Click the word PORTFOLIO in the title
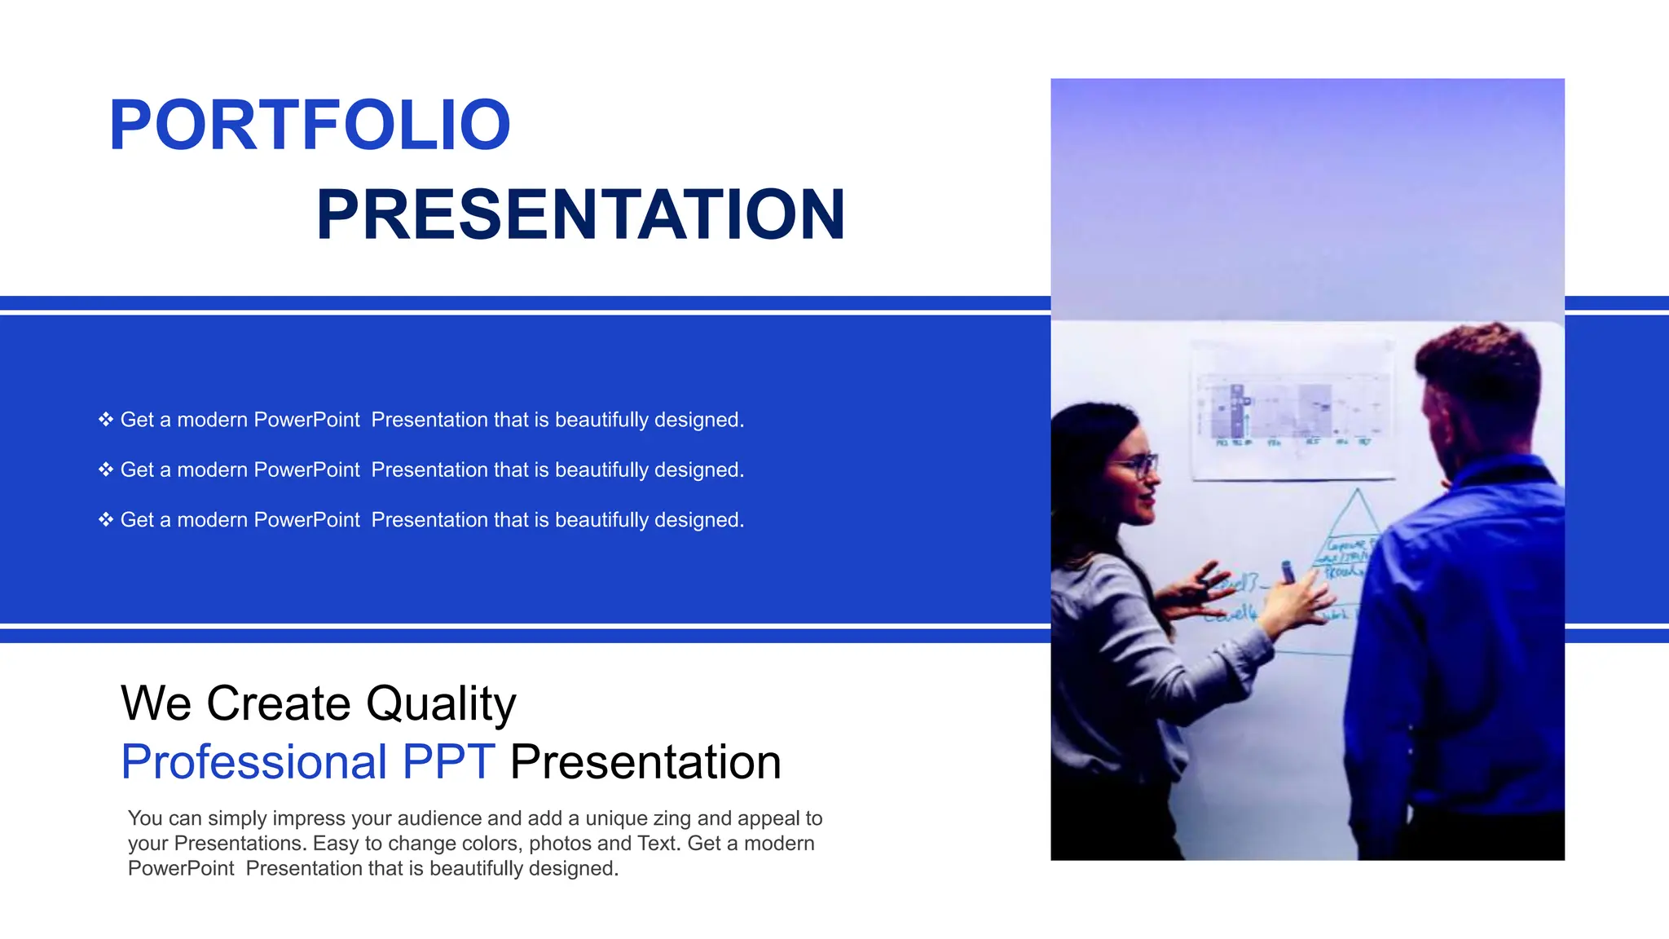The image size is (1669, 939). [x=310, y=126]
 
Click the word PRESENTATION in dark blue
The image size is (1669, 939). [x=580, y=215]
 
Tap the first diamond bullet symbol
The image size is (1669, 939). [x=106, y=420]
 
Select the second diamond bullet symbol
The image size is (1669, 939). [x=106, y=469]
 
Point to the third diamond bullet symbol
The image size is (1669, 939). [x=106, y=520]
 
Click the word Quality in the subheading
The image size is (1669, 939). [x=440, y=704]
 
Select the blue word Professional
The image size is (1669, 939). [x=253, y=763]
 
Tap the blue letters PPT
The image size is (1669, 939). [x=448, y=763]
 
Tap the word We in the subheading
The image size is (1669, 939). [x=156, y=704]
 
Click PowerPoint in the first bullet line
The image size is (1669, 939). [x=306, y=420]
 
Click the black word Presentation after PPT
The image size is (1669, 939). [x=645, y=763]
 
